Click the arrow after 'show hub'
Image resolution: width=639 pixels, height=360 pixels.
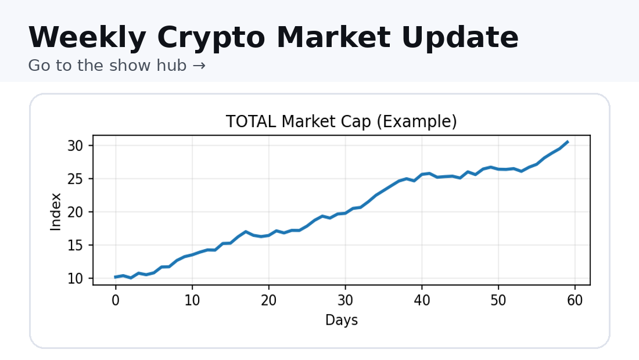click(x=199, y=66)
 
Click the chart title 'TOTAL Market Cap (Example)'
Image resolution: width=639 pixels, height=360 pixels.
click(x=341, y=122)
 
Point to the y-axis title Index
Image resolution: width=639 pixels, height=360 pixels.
click(x=56, y=212)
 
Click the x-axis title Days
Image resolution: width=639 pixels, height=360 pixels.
click(x=342, y=320)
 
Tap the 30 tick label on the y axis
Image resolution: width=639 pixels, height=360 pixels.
click(x=77, y=145)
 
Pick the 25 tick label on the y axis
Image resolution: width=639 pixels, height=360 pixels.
click(x=77, y=179)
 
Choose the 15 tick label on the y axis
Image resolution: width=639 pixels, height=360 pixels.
click(x=77, y=246)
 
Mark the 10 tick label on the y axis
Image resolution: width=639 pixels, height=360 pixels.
click(x=77, y=279)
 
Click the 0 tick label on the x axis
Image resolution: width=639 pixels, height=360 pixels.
click(x=116, y=301)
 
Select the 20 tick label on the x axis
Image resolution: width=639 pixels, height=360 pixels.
click(x=268, y=301)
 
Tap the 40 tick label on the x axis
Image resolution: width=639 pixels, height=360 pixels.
click(x=422, y=301)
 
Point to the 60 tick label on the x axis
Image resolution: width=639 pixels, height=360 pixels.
click(x=575, y=301)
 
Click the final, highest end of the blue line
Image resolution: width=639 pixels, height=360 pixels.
click(x=568, y=142)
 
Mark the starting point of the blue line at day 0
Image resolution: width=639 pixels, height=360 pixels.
click(x=116, y=277)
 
